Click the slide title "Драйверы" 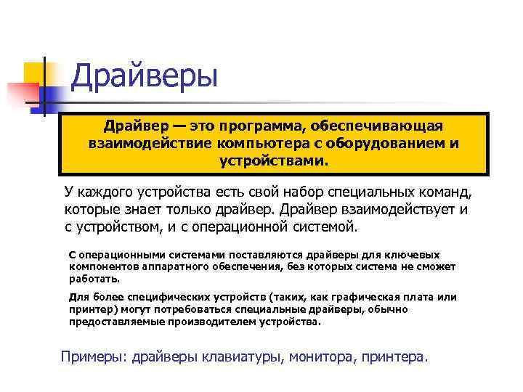point(145,76)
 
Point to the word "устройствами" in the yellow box point(274,159)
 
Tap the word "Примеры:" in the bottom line point(93,356)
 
